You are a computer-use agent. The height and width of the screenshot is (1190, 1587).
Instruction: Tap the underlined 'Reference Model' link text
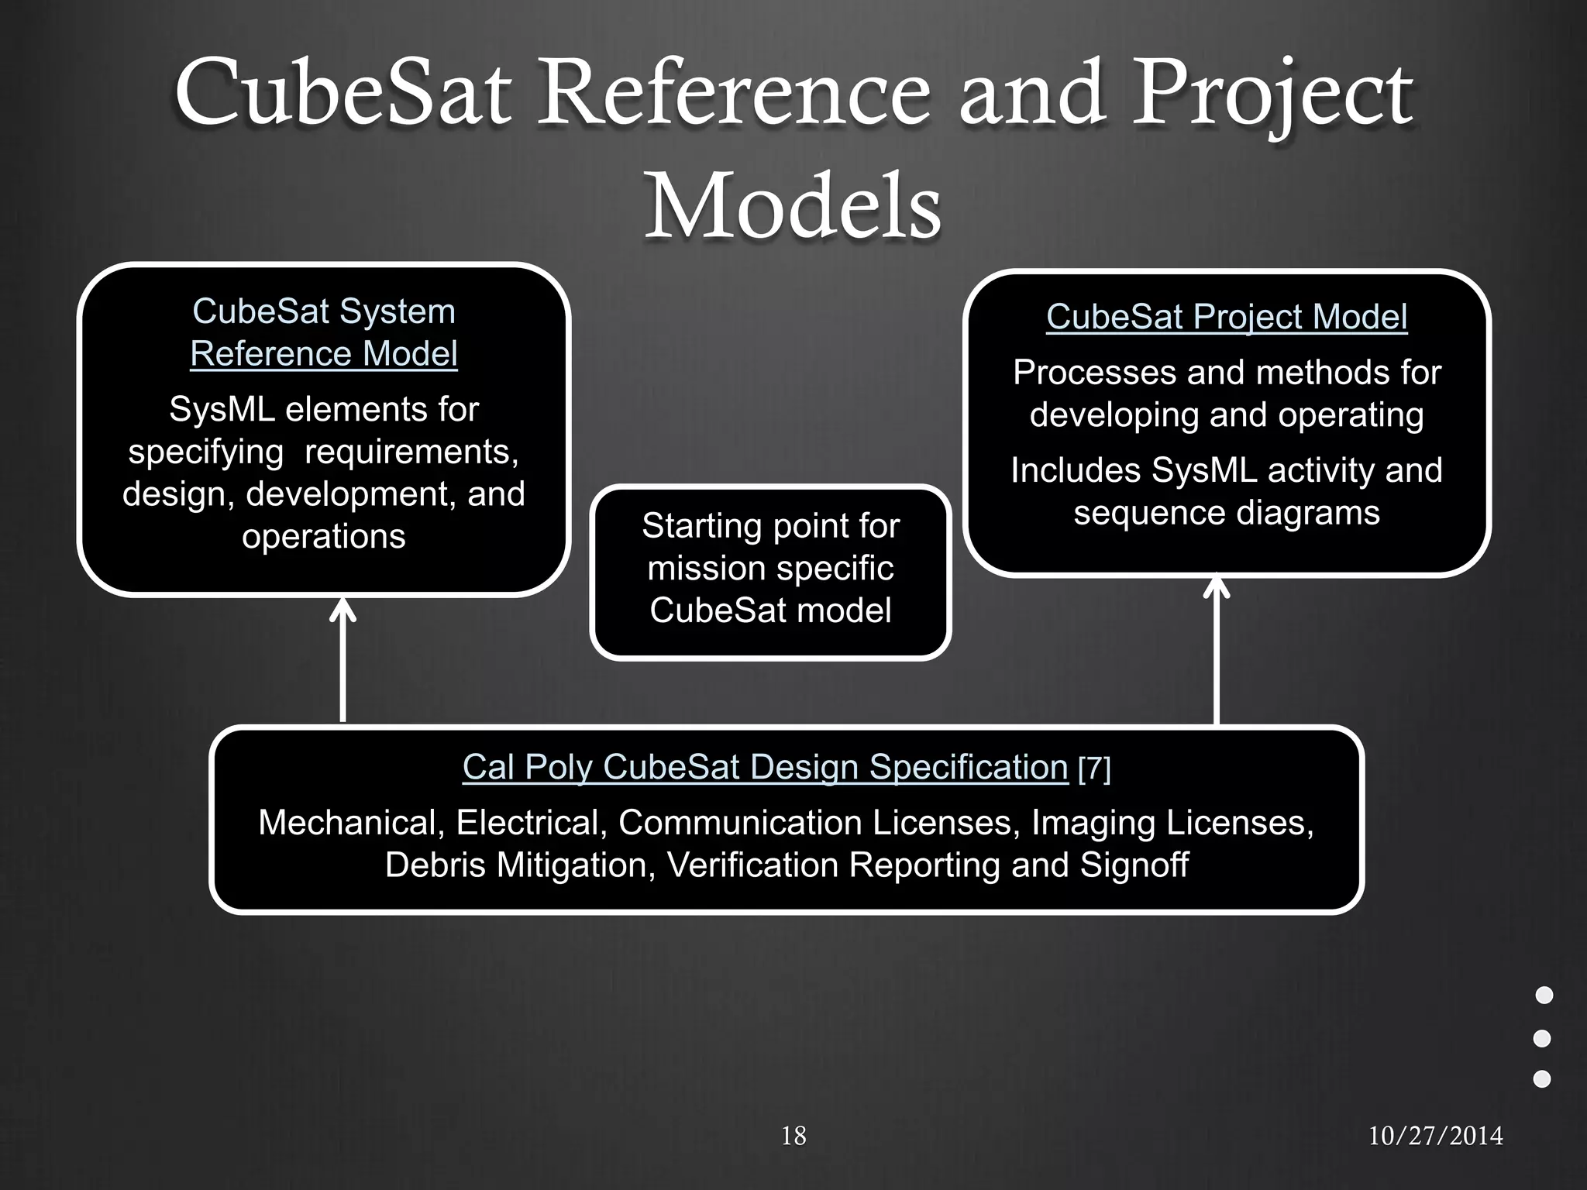(324, 354)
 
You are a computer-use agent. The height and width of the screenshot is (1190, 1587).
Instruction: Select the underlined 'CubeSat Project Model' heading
(1227, 317)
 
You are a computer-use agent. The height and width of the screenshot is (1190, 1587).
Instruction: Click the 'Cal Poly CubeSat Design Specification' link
(765, 767)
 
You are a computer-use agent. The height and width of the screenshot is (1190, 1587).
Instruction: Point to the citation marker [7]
(1094, 769)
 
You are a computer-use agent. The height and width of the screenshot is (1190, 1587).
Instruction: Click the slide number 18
(793, 1136)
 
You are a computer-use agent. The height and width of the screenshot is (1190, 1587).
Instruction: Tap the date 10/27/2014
(1435, 1136)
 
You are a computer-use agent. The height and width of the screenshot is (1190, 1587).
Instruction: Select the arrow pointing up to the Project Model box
(1217, 651)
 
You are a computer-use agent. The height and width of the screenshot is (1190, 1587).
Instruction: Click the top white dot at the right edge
(1544, 995)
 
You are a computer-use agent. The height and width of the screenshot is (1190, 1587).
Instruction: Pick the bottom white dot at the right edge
(1542, 1078)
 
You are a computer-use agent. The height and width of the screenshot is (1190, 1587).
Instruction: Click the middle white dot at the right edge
(1542, 1038)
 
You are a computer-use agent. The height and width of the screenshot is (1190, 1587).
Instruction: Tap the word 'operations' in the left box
(324, 536)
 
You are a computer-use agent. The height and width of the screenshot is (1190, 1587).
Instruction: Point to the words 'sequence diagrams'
(1227, 513)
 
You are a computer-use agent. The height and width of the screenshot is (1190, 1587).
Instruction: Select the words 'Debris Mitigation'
(515, 865)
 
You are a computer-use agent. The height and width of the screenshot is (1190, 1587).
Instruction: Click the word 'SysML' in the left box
(222, 409)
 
